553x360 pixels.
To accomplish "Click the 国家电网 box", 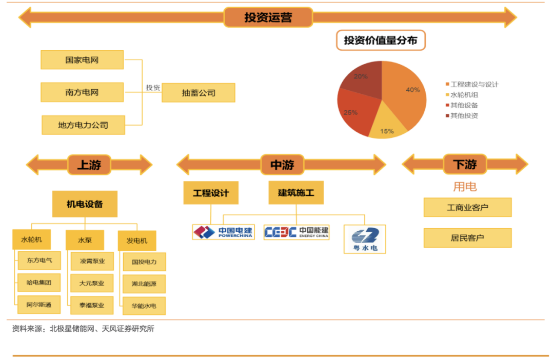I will click(82, 60).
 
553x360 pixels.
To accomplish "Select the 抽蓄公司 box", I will click(199, 93).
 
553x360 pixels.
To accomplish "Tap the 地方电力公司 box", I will click(83, 125).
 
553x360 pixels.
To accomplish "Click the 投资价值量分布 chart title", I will click(381, 41).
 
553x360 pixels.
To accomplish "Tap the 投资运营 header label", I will click(268, 17).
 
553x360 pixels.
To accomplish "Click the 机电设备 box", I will click(85, 204).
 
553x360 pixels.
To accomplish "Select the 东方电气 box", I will click(39, 261).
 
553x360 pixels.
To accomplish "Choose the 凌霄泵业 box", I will click(92, 261).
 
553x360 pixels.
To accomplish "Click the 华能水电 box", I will click(144, 306).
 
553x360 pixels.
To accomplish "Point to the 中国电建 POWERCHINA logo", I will click(223, 232).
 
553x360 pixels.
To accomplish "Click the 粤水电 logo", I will click(365, 238).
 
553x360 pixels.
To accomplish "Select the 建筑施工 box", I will click(297, 193).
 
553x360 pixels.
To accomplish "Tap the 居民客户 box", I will click(467, 238).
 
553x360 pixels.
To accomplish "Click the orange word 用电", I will click(465, 187).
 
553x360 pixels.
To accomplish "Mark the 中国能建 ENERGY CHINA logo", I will click(297, 232).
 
